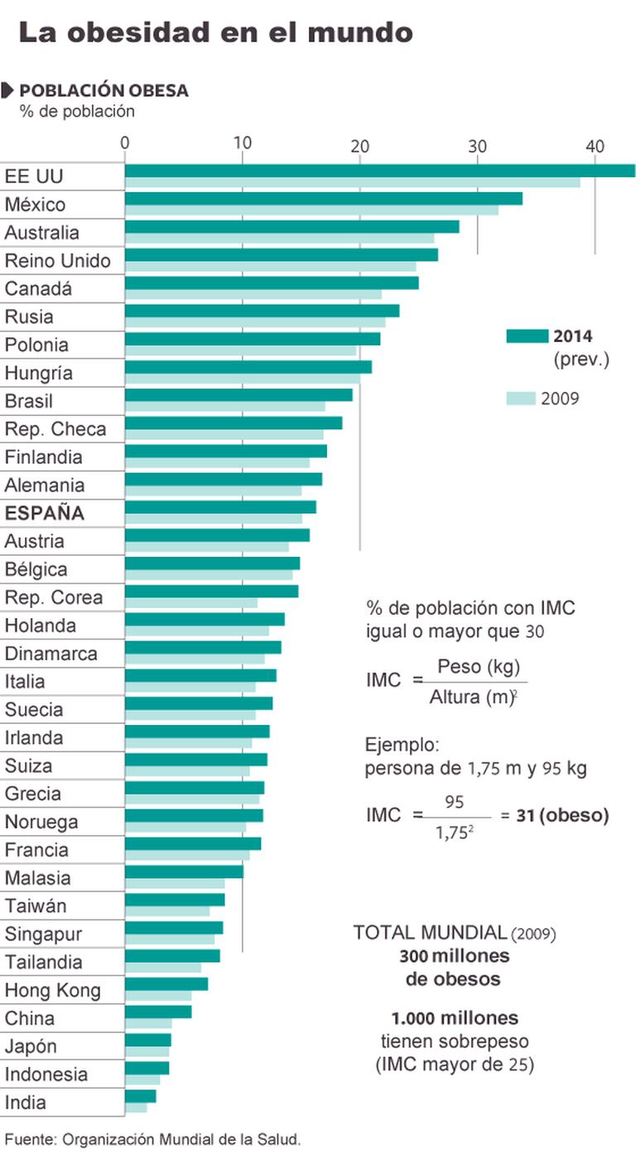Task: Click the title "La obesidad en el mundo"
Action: pyautogui.click(x=215, y=32)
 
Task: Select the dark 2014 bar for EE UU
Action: pyautogui.click(x=379, y=171)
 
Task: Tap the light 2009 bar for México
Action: pyautogui.click(x=311, y=210)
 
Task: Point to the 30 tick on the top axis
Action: pyautogui.click(x=477, y=144)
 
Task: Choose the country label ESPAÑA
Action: pyautogui.click(x=45, y=514)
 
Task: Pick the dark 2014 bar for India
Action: pyautogui.click(x=140, y=1096)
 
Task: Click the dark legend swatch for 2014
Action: pyautogui.click(x=527, y=336)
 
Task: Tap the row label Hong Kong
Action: pyautogui.click(x=53, y=991)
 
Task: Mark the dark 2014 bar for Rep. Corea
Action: pyautogui.click(x=211, y=592)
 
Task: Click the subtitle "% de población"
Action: pyautogui.click(x=77, y=111)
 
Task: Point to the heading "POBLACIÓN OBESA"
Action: pyautogui.click(x=104, y=90)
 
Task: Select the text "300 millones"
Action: pyautogui.click(x=454, y=956)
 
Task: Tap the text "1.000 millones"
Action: pyautogui.click(x=455, y=1017)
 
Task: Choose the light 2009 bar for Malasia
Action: pyautogui.click(x=175, y=883)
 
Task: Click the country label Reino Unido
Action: pyautogui.click(x=58, y=261)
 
